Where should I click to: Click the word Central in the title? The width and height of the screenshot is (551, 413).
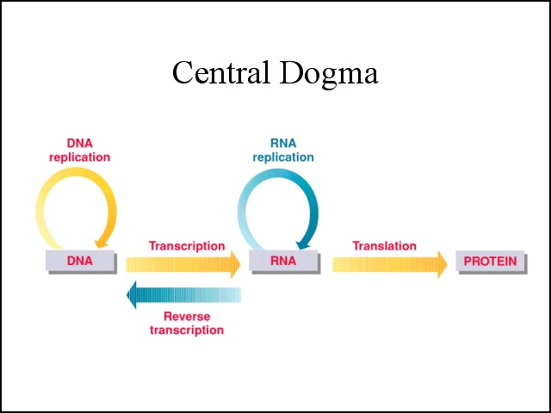point(221,72)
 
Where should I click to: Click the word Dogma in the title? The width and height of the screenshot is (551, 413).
point(329,75)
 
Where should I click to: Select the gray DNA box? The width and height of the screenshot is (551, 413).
point(81,262)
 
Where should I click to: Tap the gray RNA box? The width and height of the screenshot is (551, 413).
point(284,262)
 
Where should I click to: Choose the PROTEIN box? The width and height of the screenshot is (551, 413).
point(492,262)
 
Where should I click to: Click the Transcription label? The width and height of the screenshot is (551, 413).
point(187,246)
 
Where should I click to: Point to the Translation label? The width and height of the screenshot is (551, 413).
point(385,246)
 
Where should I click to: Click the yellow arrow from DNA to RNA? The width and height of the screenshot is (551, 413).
point(183,264)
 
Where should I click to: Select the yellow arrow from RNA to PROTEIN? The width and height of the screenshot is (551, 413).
point(390,264)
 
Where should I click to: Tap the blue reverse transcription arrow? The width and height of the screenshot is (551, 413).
point(183,295)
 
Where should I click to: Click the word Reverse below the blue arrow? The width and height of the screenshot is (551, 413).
point(187,317)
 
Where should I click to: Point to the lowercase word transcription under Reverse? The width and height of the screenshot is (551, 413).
point(187,330)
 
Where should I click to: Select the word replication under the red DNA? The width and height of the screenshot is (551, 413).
point(80,157)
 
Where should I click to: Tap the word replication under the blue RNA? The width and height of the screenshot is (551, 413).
point(283,157)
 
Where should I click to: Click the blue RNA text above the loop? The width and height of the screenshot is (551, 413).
point(283,144)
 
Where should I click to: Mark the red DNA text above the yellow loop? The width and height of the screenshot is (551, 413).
point(80,144)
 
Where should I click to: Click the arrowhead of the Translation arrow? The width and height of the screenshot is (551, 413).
point(443,264)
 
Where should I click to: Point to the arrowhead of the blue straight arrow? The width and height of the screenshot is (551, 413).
point(132,295)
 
